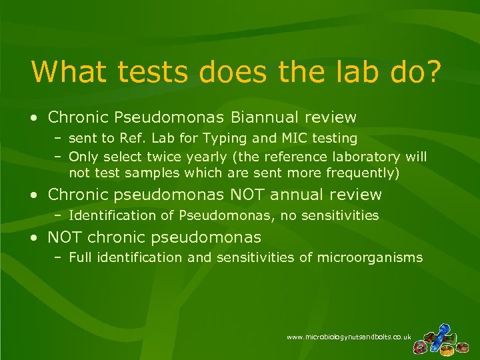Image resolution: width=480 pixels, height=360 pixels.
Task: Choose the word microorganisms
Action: coord(370,257)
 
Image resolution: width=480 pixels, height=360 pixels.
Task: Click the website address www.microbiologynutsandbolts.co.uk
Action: coord(349,338)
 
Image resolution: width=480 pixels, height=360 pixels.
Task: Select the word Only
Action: coord(83,157)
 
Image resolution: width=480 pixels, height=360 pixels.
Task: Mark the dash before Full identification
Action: coord(59,257)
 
